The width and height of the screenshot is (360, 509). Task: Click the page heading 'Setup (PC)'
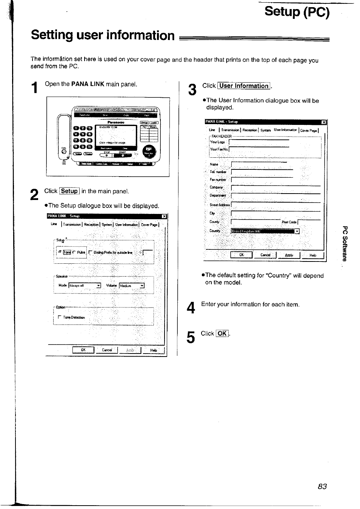click(x=297, y=12)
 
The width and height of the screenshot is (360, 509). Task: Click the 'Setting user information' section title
click(x=103, y=35)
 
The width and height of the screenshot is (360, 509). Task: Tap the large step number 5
click(x=191, y=337)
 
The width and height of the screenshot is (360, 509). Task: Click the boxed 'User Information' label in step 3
click(x=244, y=86)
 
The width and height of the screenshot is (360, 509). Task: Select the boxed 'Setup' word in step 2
click(x=69, y=191)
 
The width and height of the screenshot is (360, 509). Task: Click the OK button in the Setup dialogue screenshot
click(x=83, y=350)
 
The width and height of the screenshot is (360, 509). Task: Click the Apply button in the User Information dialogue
click(x=289, y=255)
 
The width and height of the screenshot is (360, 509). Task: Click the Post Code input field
click(x=309, y=222)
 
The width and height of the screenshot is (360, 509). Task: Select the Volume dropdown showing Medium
click(x=132, y=286)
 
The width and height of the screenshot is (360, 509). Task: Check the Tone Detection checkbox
click(x=60, y=318)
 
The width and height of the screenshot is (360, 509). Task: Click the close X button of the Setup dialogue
click(x=164, y=216)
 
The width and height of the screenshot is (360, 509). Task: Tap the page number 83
click(x=322, y=486)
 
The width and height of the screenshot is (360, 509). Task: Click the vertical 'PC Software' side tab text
click(x=345, y=243)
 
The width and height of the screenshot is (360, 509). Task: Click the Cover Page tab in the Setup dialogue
click(x=149, y=225)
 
